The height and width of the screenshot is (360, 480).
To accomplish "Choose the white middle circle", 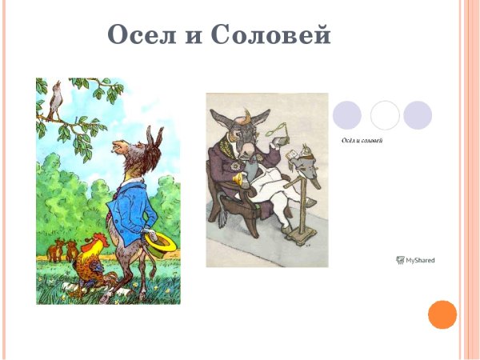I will [x=385, y=115].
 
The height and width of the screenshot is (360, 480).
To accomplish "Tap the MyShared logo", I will [x=415, y=260].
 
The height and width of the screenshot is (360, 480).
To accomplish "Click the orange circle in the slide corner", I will [x=442, y=314].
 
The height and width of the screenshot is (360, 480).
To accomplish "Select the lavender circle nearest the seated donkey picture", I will [x=346, y=115].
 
